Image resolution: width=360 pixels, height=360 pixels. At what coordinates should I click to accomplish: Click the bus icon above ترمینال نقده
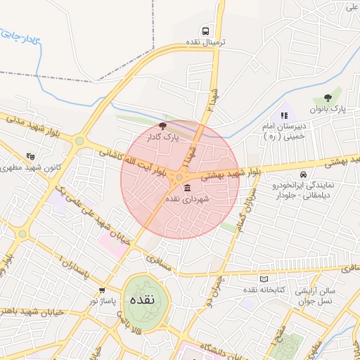(x=205, y=31)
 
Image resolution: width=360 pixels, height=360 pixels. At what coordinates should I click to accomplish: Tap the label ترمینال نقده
(x=205, y=42)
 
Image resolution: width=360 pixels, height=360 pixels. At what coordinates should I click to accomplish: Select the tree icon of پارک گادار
(x=163, y=126)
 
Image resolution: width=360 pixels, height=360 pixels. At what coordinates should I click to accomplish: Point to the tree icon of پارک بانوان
(x=327, y=98)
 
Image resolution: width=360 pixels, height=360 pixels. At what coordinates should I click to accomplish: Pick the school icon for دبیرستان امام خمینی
(x=284, y=115)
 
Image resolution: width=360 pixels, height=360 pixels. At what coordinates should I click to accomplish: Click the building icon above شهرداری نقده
(x=187, y=188)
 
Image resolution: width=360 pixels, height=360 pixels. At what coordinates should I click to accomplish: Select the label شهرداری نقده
(x=188, y=200)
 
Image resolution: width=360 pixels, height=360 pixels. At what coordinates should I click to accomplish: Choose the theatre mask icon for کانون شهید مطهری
(x=30, y=157)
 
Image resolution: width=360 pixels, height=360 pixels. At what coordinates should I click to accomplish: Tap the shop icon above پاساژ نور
(x=103, y=290)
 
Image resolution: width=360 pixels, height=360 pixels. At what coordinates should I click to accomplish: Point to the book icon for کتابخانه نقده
(x=264, y=279)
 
